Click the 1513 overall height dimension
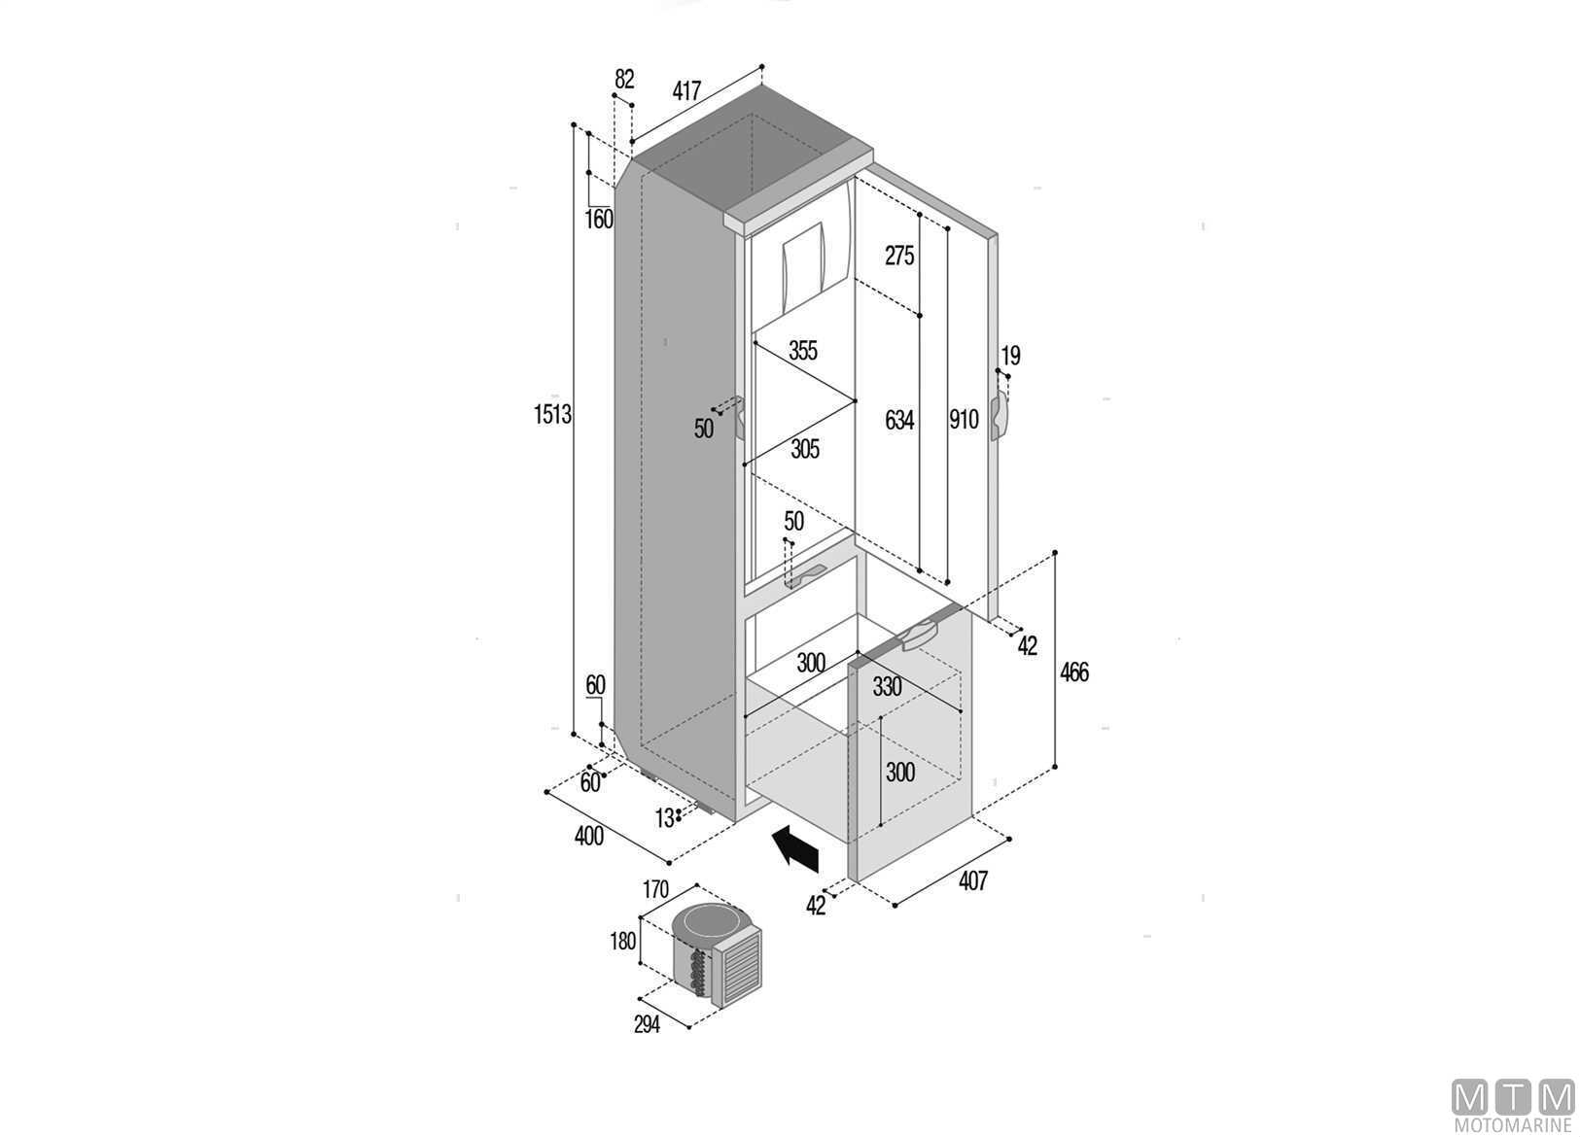pos(552,415)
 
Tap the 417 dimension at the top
pos(686,91)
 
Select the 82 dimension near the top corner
pos(624,79)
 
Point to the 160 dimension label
pos(599,220)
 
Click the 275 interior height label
pos(899,256)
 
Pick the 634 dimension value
pos(899,420)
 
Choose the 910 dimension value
pos(964,420)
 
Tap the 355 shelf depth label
pos(803,351)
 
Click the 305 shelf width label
pos(805,449)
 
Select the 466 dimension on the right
pos(1074,672)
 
